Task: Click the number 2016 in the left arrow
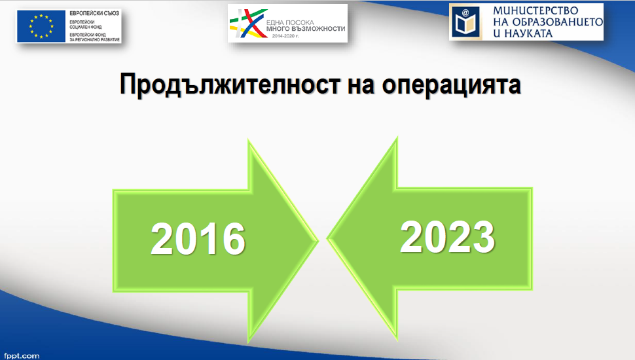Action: tap(198, 239)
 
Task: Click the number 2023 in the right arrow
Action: tap(448, 236)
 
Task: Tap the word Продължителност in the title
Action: tap(230, 84)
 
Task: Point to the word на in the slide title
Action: tap(361, 86)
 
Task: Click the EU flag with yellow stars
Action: tap(41, 26)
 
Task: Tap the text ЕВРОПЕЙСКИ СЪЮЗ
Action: tap(94, 13)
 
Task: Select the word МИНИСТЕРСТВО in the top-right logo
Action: tap(535, 10)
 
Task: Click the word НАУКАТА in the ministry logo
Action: tap(529, 33)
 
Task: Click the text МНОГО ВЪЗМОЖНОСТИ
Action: tap(306, 29)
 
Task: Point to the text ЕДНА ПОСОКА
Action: tap(290, 23)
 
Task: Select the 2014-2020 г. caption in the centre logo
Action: tap(285, 36)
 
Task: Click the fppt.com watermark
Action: tap(22, 356)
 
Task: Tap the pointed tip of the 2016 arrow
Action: tap(318, 241)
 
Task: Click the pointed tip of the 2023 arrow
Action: tap(327, 239)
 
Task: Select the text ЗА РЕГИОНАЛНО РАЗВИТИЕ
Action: tap(94, 40)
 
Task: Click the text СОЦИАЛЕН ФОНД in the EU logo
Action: tap(86, 27)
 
